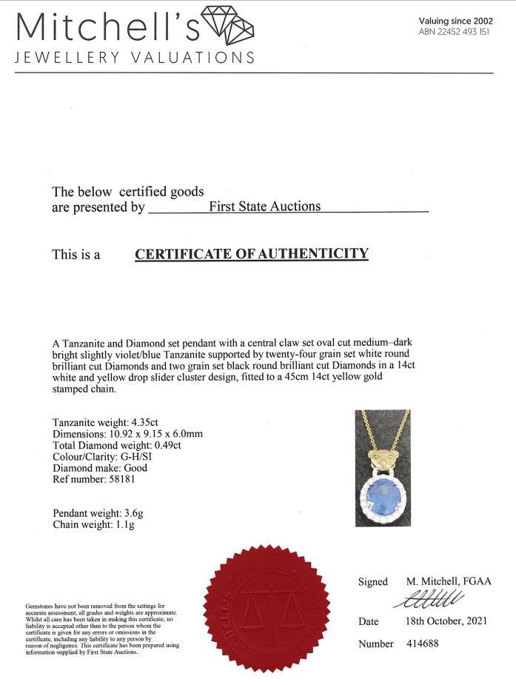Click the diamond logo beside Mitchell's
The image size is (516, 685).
228,27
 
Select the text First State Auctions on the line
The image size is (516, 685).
265,207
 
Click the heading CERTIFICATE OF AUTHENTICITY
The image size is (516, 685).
252,254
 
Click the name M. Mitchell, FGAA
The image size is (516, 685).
449,581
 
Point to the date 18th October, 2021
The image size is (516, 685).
446,621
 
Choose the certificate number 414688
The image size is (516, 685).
423,644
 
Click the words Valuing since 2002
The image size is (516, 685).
455,21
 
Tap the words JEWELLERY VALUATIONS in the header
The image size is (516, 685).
135,58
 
